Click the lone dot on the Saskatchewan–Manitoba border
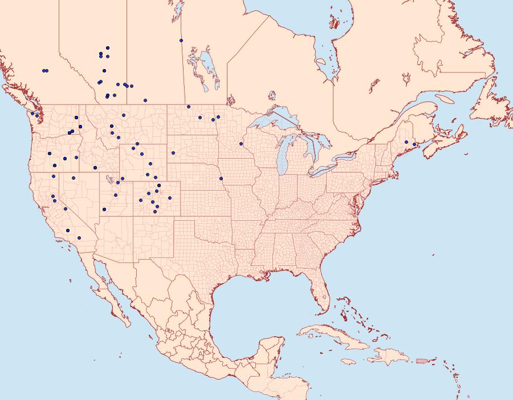(181, 41)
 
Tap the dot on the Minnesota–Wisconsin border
(241, 143)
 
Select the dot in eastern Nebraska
(221, 179)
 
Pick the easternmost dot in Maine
(414, 144)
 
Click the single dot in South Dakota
(173, 152)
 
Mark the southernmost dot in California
(79, 238)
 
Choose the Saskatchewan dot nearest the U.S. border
(145, 100)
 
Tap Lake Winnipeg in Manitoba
(209, 68)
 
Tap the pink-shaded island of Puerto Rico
(422, 361)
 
